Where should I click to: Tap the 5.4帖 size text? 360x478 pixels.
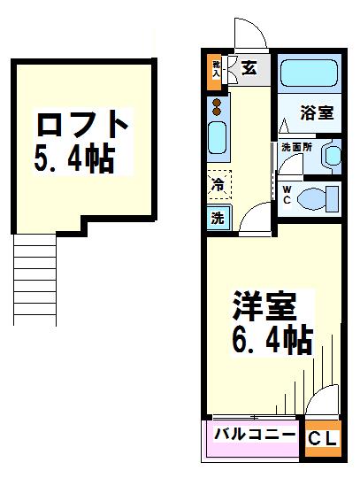[x=74, y=160]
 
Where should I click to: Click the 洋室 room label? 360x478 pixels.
[x=262, y=307]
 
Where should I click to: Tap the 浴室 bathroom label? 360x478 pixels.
[x=316, y=113]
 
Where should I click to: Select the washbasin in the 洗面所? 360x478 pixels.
[x=332, y=157]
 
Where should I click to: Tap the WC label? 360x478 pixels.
[x=288, y=194]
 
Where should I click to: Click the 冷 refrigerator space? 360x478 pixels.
[x=219, y=186]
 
